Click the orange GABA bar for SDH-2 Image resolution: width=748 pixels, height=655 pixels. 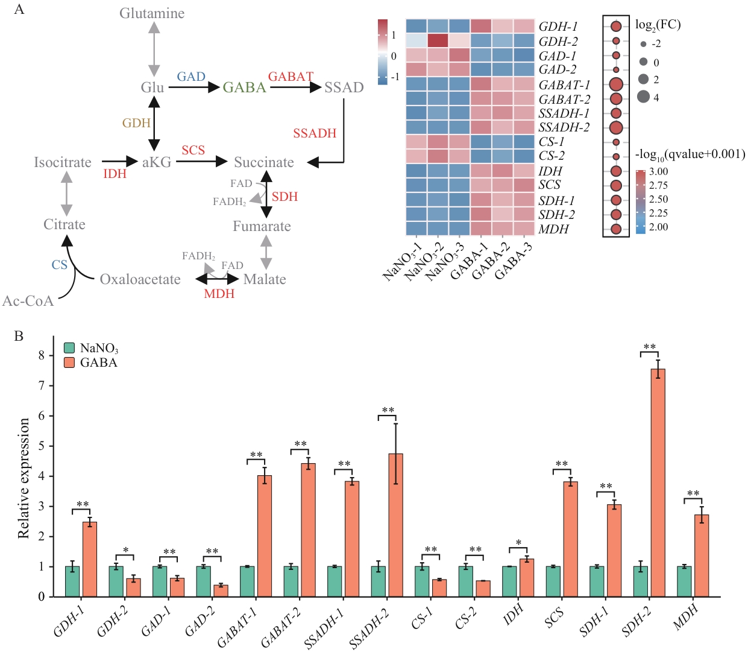click(658, 483)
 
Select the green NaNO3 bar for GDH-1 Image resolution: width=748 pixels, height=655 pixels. click(72, 581)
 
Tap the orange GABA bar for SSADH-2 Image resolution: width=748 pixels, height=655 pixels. click(395, 525)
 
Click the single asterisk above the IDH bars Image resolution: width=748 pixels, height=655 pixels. click(518, 543)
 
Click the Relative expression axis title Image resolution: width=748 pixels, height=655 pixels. click(24, 478)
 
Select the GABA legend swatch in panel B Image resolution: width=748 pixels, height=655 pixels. click(69, 362)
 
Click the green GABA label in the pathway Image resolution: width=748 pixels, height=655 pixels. click(244, 87)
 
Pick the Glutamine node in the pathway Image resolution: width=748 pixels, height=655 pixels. click(152, 13)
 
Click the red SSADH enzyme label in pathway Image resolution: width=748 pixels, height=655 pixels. click(315, 133)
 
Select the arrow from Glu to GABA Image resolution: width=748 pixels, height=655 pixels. click(193, 87)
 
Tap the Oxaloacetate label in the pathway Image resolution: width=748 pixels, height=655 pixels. click(140, 279)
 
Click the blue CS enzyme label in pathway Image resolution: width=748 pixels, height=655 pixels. click(59, 264)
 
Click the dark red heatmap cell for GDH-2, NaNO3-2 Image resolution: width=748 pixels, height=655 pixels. click(438, 40)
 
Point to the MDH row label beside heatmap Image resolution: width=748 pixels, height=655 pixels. click(553, 229)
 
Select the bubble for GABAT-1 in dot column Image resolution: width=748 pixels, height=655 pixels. click(616, 84)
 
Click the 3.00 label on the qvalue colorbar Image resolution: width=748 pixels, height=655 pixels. click(658, 171)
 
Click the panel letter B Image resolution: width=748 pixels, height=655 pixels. click(19, 336)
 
